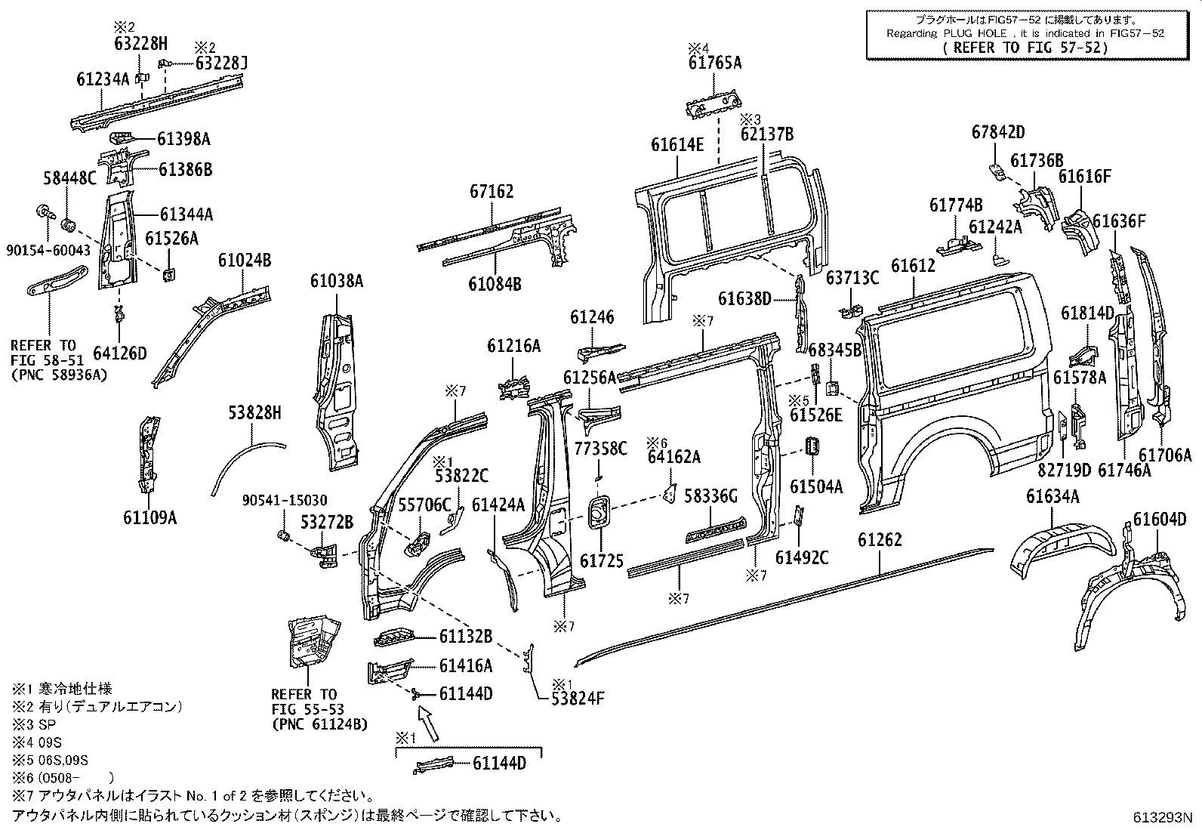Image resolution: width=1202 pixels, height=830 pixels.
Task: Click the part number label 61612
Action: click(912, 266)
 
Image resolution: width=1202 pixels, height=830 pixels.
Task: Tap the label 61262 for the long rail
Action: click(880, 540)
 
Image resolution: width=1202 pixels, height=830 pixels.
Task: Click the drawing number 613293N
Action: click(1160, 816)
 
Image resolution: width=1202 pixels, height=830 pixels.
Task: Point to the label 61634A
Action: click(1052, 496)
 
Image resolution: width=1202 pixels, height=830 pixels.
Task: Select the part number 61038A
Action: click(337, 281)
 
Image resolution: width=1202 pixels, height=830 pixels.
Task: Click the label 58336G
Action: click(710, 496)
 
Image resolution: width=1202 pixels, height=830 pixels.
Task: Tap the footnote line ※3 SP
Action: click(30, 724)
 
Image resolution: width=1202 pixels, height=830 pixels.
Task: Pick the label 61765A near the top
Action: click(714, 63)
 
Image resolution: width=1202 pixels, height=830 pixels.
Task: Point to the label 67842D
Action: click(997, 132)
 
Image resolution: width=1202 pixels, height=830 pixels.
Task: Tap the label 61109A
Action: click(149, 517)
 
